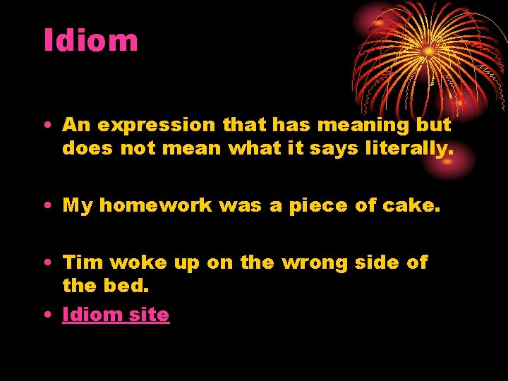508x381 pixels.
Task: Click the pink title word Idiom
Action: pos(90,40)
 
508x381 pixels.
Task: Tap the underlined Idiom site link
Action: pos(116,315)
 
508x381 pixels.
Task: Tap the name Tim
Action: pos(83,262)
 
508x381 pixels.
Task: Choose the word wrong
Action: pos(315,263)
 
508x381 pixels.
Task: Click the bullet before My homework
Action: pos(47,206)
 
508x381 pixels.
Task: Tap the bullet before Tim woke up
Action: pos(47,263)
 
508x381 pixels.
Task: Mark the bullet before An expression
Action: pos(47,126)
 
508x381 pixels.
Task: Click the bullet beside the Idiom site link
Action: pos(47,315)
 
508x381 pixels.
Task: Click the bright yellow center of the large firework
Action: pos(428,51)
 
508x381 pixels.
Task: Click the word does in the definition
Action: pos(83,149)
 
